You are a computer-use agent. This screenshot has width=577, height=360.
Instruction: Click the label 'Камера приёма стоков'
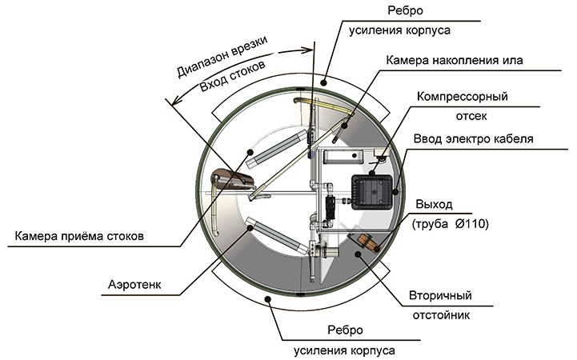tap(78, 237)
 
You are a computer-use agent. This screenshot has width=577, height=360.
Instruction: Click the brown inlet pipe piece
tap(230, 178)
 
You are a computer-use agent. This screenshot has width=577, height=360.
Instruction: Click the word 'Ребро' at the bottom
tap(347, 330)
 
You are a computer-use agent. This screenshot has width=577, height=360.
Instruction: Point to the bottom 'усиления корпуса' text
tap(346, 350)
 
